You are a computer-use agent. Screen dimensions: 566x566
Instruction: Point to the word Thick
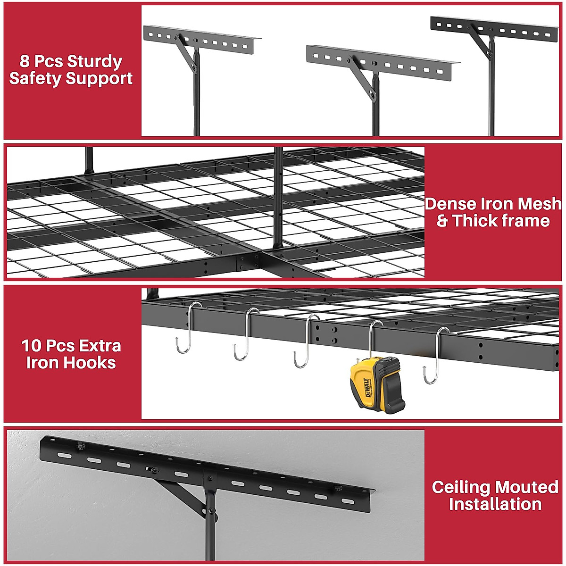pos(473,221)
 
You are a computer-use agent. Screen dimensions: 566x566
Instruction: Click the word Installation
pos(495,504)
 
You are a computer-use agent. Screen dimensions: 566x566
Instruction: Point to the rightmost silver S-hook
pos(437,354)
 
